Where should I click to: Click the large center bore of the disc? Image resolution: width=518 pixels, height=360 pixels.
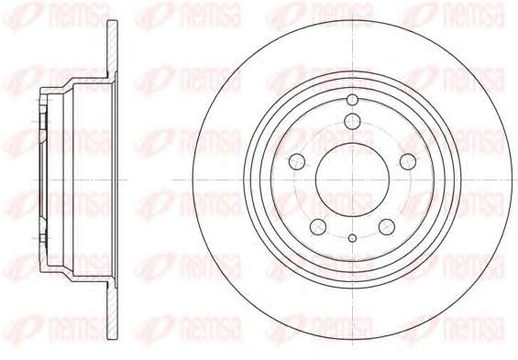point(352,180)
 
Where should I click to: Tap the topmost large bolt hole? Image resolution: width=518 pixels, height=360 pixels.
point(352,121)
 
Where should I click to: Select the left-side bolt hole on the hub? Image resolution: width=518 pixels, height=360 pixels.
point(297,162)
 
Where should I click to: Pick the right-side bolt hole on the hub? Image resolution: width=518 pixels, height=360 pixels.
point(408,162)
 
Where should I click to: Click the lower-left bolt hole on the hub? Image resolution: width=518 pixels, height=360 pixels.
point(318,227)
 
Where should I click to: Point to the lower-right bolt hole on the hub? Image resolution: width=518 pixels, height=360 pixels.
point(387,227)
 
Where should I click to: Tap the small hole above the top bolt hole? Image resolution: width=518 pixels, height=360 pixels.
point(353,99)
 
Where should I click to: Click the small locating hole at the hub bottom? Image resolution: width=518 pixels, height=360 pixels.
point(353,238)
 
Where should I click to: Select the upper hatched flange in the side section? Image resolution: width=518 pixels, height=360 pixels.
point(113,49)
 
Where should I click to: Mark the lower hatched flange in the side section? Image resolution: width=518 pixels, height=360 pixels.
point(113,311)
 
